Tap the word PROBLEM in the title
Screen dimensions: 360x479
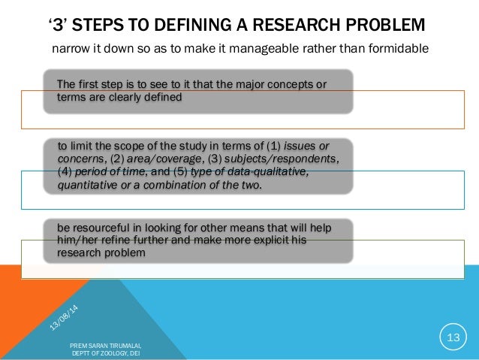pyautogui.click(x=387, y=28)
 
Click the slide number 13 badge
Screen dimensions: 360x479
pyautogui.click(x=452, y=337)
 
